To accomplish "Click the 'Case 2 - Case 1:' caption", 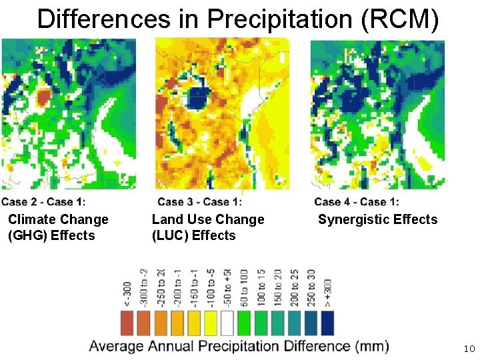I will [x=43, y=201].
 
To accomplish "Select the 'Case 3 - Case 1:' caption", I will [x=199, y=201].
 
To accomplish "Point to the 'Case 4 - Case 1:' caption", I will [x=357, y=201].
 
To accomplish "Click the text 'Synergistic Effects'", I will [x=377, y=219].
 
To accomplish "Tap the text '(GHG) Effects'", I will [x=51, y=235].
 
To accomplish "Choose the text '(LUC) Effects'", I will [x=193, y=235].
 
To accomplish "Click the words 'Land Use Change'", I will [x=208, y=219].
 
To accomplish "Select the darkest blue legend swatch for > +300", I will [x=327, y=323].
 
